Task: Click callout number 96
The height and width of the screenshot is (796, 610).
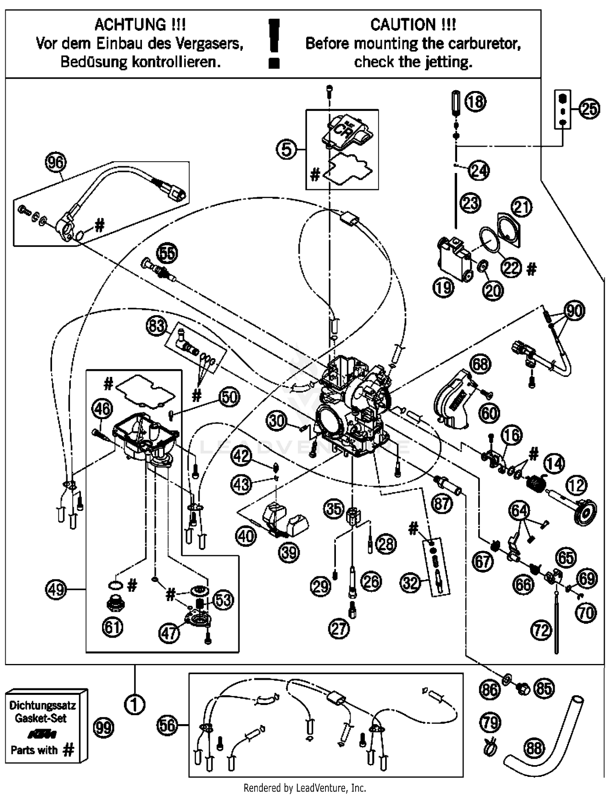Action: click(x=56, y=162)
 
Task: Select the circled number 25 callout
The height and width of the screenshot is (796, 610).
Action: click(x=589, y=109)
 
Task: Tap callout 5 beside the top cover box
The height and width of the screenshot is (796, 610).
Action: click(x=287, y=150)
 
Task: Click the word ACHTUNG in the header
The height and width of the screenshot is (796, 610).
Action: click(x=130, y=25)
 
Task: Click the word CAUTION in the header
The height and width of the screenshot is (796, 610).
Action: click(x=403, y=25)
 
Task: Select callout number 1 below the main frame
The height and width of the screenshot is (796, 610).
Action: click(x=135, y=705)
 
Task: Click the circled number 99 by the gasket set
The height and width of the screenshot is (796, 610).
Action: click(x=103, y=728)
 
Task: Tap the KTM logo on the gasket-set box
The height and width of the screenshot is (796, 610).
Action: click(x=42, y=734)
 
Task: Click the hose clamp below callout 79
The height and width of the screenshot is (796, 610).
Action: click(x=490, y=747)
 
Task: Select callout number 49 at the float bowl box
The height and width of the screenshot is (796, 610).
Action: click(x=56, y=589)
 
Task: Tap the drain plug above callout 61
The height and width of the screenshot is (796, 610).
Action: click(x=115, y=603)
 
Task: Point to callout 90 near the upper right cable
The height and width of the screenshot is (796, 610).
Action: click(x=575, y=311)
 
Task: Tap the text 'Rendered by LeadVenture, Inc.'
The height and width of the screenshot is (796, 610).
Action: click(x=305, y=788)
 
